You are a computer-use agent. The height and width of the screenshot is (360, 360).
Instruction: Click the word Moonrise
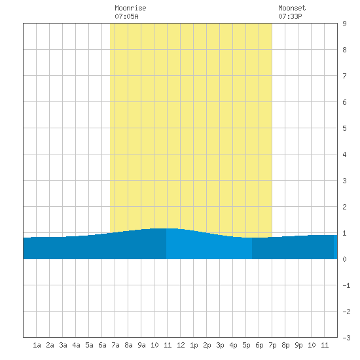[130, 8]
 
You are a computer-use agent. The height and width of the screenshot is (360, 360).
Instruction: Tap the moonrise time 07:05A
[126, 16]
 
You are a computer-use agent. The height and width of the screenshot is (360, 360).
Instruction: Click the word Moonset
[292, 8]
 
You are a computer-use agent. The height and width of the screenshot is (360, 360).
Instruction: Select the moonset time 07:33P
[290, 16]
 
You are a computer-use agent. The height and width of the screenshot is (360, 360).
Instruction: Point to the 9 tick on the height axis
[344, 24]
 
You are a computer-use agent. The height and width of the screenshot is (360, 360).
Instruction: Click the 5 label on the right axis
[344, 128]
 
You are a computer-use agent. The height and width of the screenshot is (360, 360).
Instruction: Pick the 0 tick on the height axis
[344, 259]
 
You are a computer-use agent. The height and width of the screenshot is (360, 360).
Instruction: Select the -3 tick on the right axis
[346, 338]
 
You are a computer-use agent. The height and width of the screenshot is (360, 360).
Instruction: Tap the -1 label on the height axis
[346, 285]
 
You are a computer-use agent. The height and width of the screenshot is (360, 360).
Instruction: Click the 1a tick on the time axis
[37, 345]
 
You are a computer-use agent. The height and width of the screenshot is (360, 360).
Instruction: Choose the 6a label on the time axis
[102, 345]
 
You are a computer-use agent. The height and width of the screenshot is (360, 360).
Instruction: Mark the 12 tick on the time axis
[181, 345]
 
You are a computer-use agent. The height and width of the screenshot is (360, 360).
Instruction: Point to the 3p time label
[220, 345]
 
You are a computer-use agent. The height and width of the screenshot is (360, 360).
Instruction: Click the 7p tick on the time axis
[272, 345]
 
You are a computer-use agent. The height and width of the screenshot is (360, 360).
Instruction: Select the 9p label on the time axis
[298, 345]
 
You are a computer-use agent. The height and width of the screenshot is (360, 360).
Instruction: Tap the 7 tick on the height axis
[344, 76]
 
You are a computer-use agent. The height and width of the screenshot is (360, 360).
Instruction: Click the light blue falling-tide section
[209, 245]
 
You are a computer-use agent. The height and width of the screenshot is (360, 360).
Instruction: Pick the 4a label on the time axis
[76, 345]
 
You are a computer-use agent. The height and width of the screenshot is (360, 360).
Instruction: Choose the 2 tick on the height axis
[344, 207]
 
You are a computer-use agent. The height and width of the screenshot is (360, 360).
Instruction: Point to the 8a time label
[128, 345]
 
